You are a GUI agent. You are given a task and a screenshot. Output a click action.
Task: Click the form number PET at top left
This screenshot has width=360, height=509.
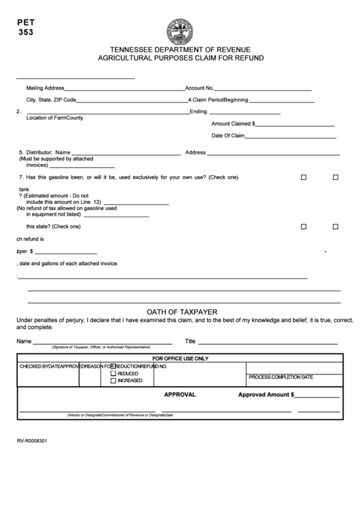click(x=25, y=21)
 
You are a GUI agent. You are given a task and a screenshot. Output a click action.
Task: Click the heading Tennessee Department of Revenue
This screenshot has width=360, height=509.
click(x=180, y=50)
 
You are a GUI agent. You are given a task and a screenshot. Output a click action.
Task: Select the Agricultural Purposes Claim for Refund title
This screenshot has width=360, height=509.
click(x=180, y=58)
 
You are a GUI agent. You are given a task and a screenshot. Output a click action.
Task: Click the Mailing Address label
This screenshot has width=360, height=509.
click(x=45, y=88)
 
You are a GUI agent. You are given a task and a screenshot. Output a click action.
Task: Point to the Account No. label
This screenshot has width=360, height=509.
click(x=200, y=88)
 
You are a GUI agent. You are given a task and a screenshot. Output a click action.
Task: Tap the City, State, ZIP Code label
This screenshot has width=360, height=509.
click(x=51, y=100)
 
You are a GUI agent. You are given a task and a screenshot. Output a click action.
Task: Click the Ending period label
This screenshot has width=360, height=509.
click(x=198, y=111)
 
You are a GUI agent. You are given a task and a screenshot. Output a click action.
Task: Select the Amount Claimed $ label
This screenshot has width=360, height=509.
click(x=233, y=124)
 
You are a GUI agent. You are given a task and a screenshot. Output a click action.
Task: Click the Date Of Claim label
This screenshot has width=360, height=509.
click(x=228, y=135)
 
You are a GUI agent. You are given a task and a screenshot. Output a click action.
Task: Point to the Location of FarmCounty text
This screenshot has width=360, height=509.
click(x=54, y=118)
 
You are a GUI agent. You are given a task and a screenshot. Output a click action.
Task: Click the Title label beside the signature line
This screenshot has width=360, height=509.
click(x=190, y=341)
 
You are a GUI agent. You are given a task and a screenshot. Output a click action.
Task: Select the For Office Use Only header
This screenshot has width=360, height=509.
click(x=180, y=358)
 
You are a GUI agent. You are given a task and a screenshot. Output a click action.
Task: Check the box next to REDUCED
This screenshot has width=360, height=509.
click(x=113, y=374)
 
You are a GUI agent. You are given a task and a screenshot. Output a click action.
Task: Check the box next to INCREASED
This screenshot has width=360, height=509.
click(x=113, y=381)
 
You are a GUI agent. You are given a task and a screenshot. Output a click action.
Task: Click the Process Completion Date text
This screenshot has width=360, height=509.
click(x=281, y=377)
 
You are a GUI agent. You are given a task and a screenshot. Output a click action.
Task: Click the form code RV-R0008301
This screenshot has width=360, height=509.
click(x=33, y=440)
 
